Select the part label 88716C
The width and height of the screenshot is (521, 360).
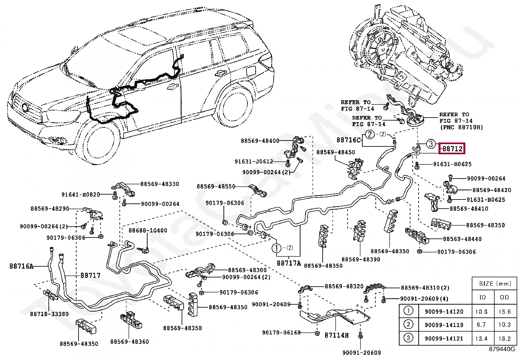point(349,140)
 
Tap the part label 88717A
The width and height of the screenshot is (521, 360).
point(288,263)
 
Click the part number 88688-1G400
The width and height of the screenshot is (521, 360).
point(148,230)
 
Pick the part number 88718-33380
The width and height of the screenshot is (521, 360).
point(49,314)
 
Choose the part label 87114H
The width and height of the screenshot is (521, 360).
point(337,335)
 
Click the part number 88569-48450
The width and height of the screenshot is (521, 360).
point(336,152)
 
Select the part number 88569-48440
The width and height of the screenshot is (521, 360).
point(462,239)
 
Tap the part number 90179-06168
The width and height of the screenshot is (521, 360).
point(281,332)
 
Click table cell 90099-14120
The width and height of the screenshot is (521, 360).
point(444,312)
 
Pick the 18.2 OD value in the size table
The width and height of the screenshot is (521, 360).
point(504,338)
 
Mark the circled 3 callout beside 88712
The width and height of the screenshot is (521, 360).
point(431,143)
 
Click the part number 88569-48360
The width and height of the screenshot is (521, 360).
point(129,341)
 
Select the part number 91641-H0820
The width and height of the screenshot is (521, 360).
point(81,194)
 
